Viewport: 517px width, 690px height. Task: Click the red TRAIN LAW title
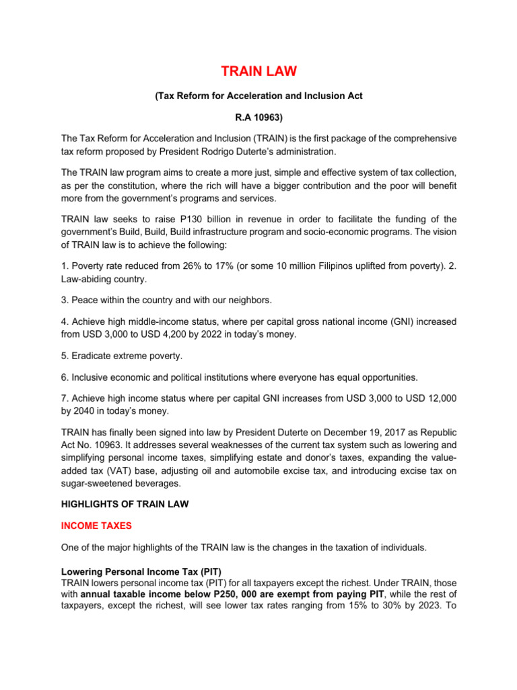tap(258, 72)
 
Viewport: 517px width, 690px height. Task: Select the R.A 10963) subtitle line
tap(258, 117)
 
